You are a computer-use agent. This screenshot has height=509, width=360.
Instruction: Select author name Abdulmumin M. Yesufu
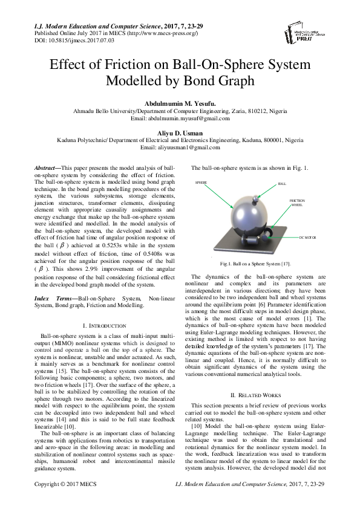coord(180,103)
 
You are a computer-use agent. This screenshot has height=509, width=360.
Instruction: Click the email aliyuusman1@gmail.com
coord(180,147)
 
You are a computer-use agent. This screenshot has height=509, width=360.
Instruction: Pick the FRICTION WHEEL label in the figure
coord(296,203)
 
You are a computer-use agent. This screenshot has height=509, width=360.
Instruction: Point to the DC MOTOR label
coord(308,238)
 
